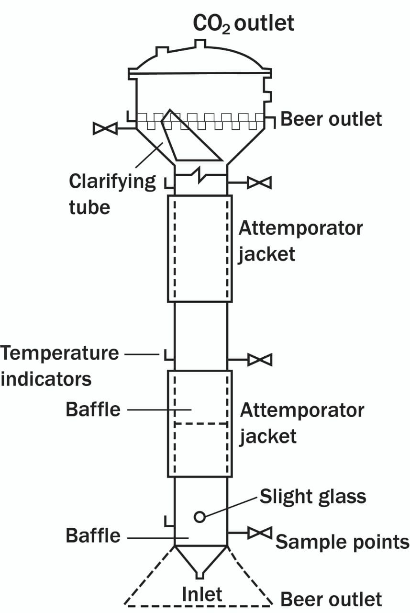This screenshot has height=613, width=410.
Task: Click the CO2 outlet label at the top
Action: [243, 23]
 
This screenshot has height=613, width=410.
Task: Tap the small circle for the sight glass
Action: [199, 516]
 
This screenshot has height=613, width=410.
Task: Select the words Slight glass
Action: [313, 497]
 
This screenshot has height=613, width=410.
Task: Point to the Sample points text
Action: [342, 542]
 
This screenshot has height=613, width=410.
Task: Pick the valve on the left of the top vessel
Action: [105, 128]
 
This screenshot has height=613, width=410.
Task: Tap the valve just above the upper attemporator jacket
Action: [259, 182]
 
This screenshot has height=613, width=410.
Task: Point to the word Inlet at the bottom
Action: [202, 594]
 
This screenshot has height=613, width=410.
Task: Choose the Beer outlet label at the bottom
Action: [331, 599]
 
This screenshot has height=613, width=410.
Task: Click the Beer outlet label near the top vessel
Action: [331, 119]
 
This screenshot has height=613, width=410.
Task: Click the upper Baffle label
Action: [93, 410]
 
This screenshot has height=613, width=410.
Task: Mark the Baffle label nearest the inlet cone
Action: [93, 535]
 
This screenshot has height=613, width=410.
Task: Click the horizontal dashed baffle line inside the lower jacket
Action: [200, 424]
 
